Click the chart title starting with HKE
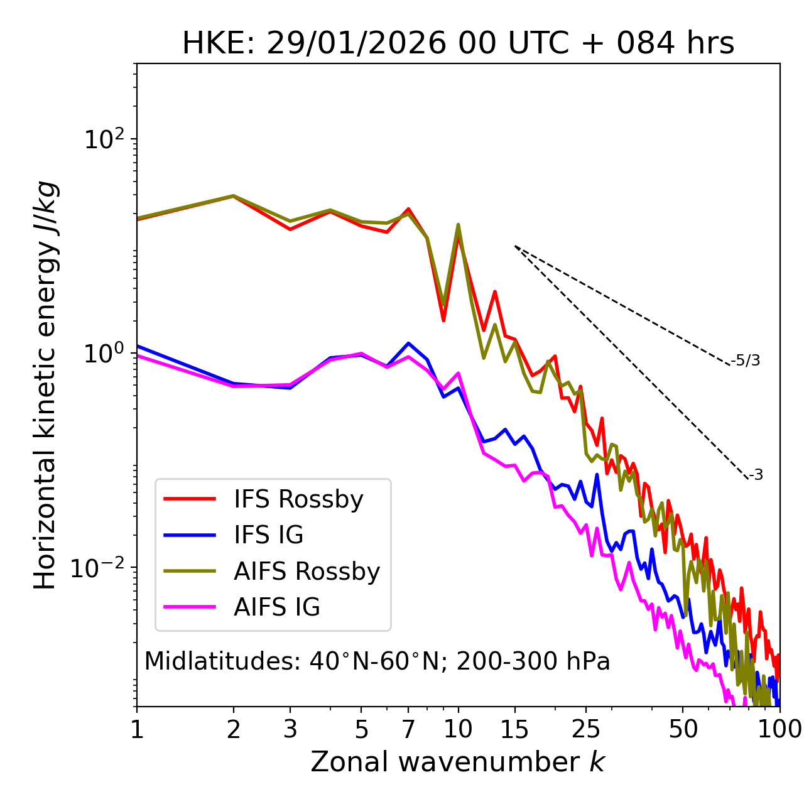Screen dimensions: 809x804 (458, 44)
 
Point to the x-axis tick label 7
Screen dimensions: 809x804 (408, 729)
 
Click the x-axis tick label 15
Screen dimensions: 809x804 (515, 729)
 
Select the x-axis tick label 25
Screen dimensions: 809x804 (586, 729)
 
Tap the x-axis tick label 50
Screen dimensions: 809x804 (683, 729)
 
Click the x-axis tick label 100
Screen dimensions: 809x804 (780, 729)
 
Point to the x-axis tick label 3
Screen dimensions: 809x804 (290, 729)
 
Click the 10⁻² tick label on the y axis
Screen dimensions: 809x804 (100, 568)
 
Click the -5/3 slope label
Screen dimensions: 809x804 (746, 361)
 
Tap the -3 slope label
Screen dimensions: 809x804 (756, 475)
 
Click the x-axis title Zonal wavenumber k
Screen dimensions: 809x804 (458, 763)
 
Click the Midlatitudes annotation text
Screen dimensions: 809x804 (377, 661)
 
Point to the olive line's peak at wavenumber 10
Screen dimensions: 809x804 (459, 224)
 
